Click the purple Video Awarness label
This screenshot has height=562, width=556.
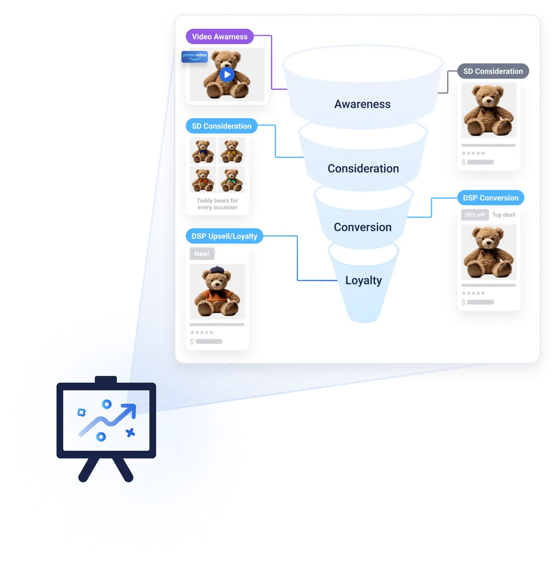(219, 36)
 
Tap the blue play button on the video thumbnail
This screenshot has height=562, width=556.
(227, 74)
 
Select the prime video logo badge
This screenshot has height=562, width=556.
(194, 56)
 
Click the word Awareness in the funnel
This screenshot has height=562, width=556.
(363, 104)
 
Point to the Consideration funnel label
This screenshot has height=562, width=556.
(363, 168)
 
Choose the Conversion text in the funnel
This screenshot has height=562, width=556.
(363, 227)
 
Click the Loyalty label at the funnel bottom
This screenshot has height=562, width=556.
(363, 281)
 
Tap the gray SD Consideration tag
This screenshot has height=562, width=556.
(493, 71)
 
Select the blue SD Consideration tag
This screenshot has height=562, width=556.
(221, 126)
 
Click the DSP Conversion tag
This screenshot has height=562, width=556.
(490, 198)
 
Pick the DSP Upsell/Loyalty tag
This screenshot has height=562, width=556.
(224, 236)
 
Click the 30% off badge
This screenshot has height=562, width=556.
(475, 215)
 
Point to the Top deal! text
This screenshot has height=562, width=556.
(504, 215)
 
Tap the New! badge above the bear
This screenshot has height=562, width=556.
(202, 254)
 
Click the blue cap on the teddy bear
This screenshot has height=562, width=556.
(217, 270)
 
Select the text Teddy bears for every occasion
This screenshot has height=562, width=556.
(217, 204)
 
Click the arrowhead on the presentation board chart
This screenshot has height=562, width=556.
(129, 410)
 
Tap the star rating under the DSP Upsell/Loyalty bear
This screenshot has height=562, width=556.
(202, 332)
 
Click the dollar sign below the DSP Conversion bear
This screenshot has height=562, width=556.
(463, 302)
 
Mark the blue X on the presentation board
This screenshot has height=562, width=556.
(130, 433)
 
